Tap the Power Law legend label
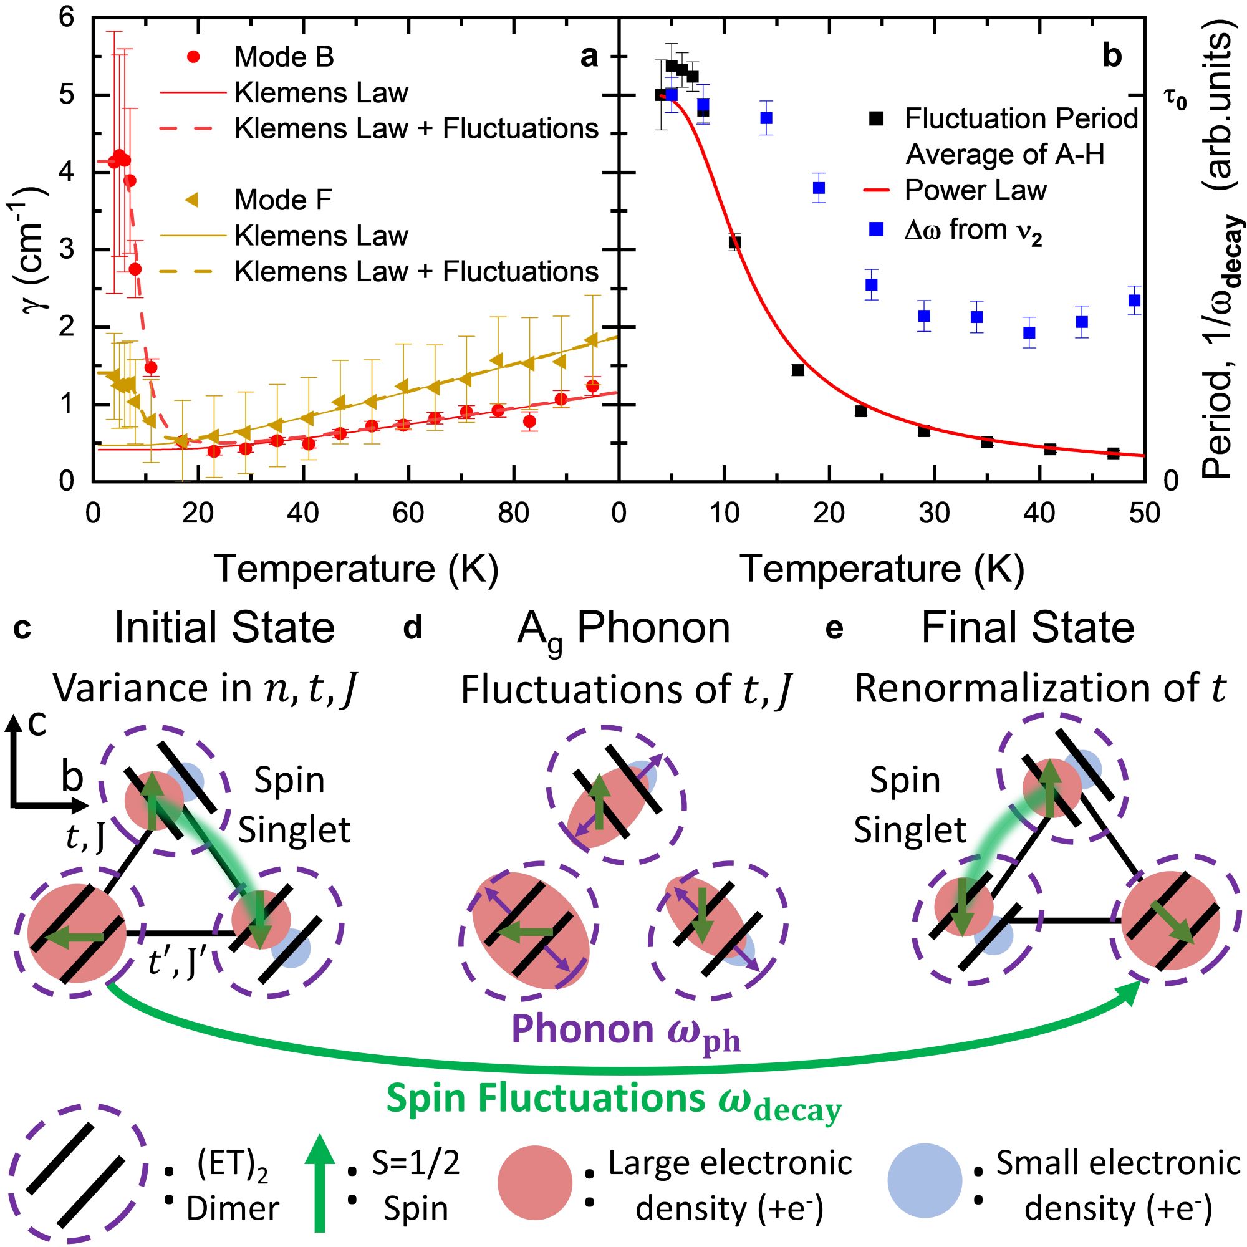click(975, 190)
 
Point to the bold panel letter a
click(588, 57)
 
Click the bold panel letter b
click(1112, 57)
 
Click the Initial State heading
click(224, 627)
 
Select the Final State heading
click(1028, 627)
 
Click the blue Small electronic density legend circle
click(924, 1180)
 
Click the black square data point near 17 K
click(798, 370)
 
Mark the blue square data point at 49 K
click(1134, 300)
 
